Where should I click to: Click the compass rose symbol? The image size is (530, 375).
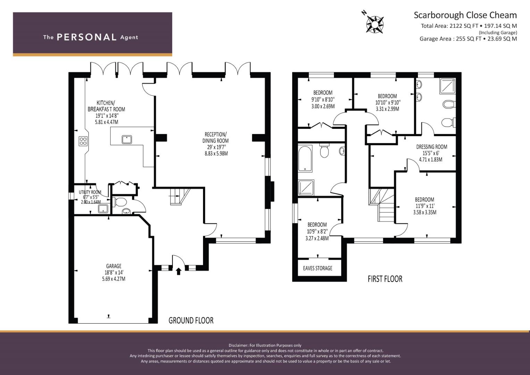tap(375, 24)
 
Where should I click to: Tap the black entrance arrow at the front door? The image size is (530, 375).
tap(178, 271)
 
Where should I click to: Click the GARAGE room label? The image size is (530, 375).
tap(114, 266)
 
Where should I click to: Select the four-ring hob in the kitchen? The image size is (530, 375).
tap(83, 141)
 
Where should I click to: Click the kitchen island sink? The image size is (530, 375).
tap(127, 140)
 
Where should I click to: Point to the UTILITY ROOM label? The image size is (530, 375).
tap(90, 192)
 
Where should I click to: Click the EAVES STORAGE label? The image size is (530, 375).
tap(318, 268)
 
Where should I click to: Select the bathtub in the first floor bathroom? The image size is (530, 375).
tap(305, 158)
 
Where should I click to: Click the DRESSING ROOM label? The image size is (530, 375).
tap(431, 147)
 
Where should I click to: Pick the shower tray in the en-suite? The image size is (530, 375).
tap(447, 86)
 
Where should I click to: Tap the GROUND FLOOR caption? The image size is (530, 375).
tap(191, 320)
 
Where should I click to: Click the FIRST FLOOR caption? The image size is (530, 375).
tap(385, 279)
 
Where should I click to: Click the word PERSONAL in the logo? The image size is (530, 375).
tap(87, 37)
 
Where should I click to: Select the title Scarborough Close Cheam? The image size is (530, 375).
tap(465, 15)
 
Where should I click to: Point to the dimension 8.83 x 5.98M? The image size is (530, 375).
tap(216, 153)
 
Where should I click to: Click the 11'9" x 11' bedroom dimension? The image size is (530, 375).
tap(425, 206)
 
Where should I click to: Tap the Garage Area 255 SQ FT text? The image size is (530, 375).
tap(450, 39)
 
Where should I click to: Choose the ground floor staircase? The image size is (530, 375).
tap(180, 196)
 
